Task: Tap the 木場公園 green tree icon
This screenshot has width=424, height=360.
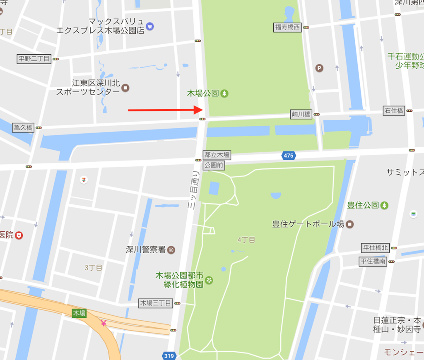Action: click(224, 94)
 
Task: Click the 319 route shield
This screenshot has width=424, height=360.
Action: click(169, 355)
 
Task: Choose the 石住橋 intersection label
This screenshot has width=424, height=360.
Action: click(394, 110)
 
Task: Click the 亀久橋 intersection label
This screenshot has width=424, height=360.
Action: click(23, 127)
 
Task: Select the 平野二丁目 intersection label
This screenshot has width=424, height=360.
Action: click(34, 59)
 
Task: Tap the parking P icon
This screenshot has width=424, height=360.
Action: click(319, 67)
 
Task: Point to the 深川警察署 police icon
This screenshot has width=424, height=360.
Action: click(171, 250)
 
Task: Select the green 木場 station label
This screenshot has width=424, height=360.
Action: click(79, 313)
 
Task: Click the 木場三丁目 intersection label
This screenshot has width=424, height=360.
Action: click(155, 303)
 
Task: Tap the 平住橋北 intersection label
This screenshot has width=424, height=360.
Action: click(376, 248)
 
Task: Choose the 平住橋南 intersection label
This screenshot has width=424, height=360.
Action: click(373, 261)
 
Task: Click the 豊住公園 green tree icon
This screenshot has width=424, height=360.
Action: click(385, 205)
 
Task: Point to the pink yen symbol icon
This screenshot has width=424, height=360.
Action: click(104, 323)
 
